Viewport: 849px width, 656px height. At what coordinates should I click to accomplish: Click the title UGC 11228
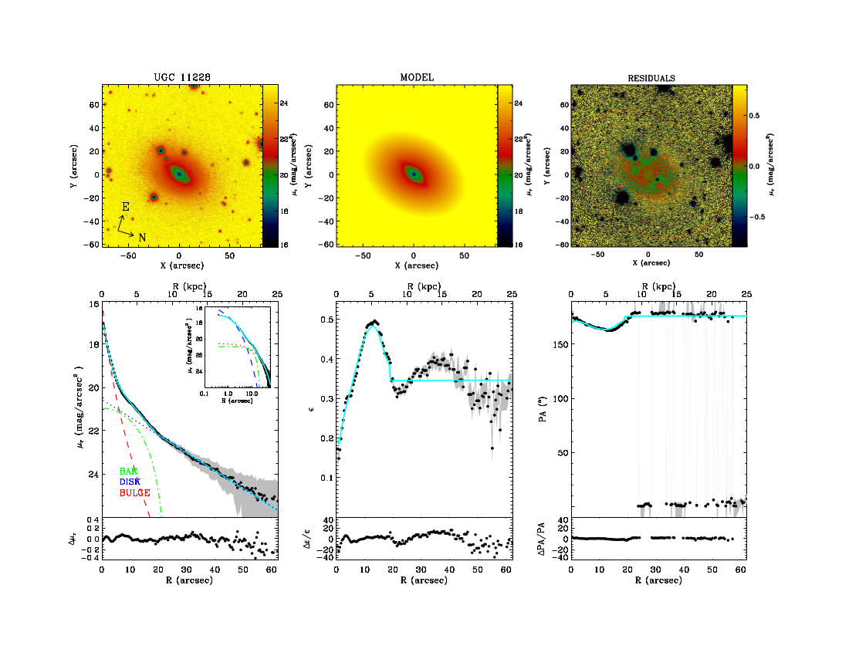tap(183, 77)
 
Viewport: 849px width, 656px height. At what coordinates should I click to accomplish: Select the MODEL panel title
tap(417, 77)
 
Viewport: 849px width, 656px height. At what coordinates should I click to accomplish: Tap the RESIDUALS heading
tap(651, 78)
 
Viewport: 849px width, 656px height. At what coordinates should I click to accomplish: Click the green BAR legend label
tap(128, 471)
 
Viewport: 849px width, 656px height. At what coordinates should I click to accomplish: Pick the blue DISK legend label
tap(130, 481)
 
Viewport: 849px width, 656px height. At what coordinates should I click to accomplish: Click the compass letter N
tap(142, 237)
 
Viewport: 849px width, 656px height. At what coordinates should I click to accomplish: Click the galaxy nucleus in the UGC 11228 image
tap(180, 174)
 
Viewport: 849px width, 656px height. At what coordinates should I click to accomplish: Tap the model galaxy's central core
tap(414, 174)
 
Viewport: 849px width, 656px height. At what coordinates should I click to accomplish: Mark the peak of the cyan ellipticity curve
tap(374, 326)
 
